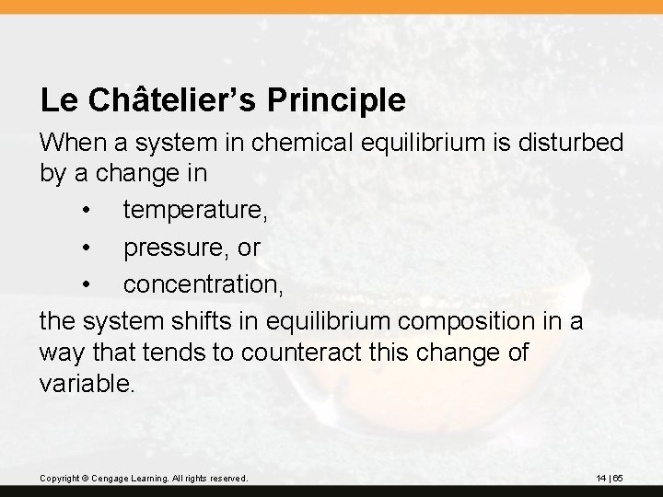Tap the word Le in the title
(54, 100)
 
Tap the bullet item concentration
(204, 284)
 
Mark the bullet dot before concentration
(86, 285)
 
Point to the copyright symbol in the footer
(83, 479)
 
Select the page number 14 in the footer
(601, 479)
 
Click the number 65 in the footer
(619, 479)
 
